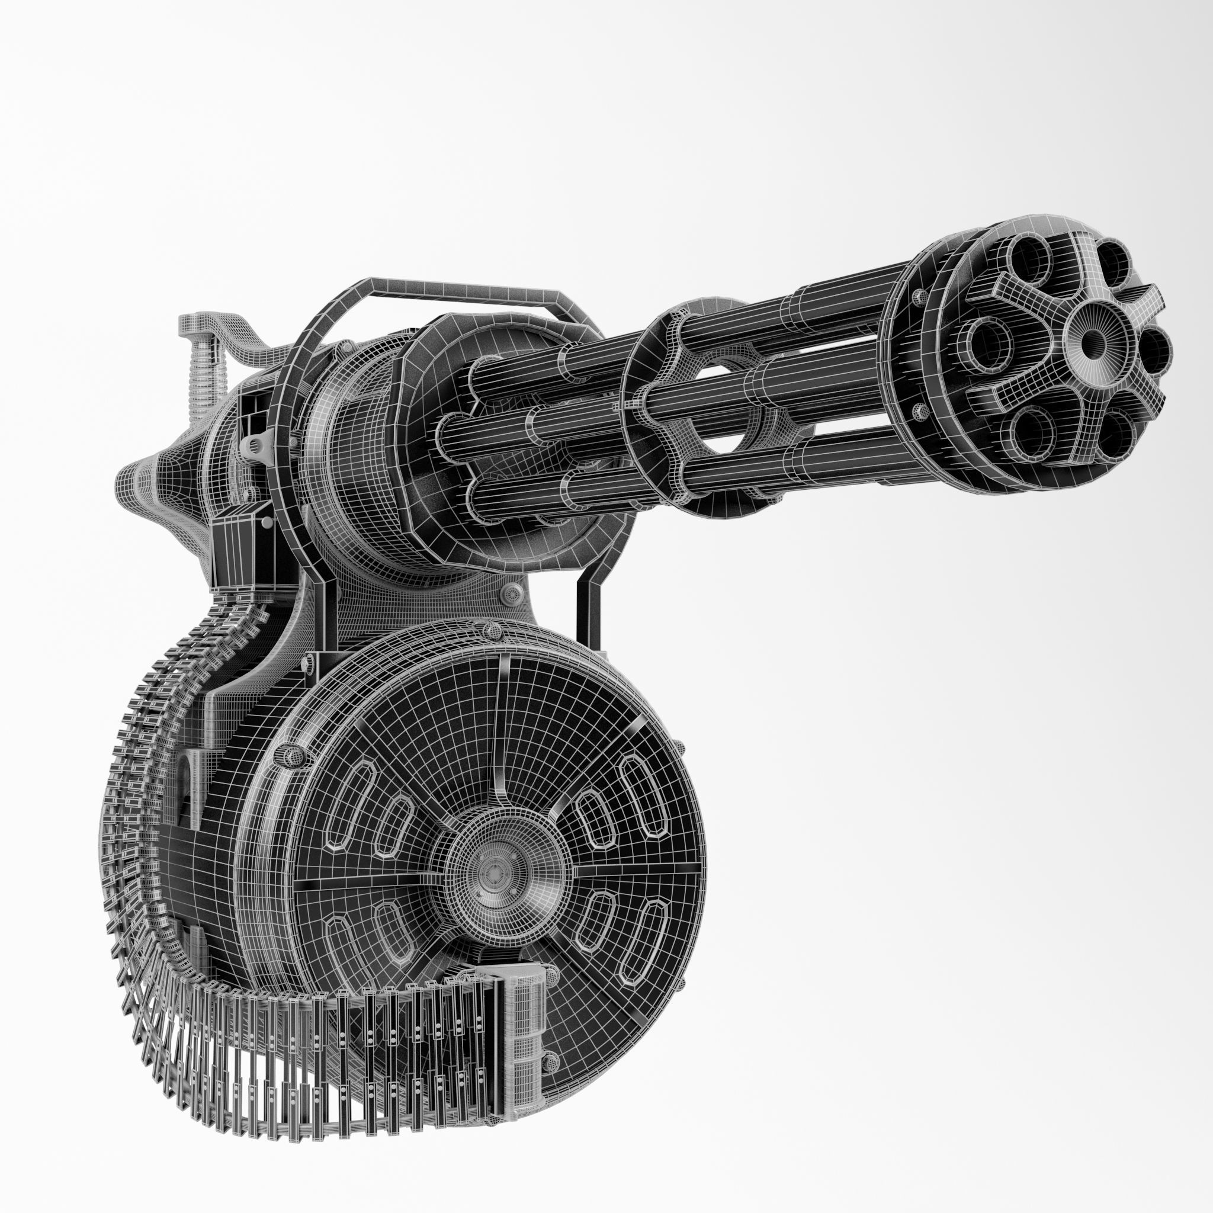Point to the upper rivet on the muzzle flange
(920, 296)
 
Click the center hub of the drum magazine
(499, 872)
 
